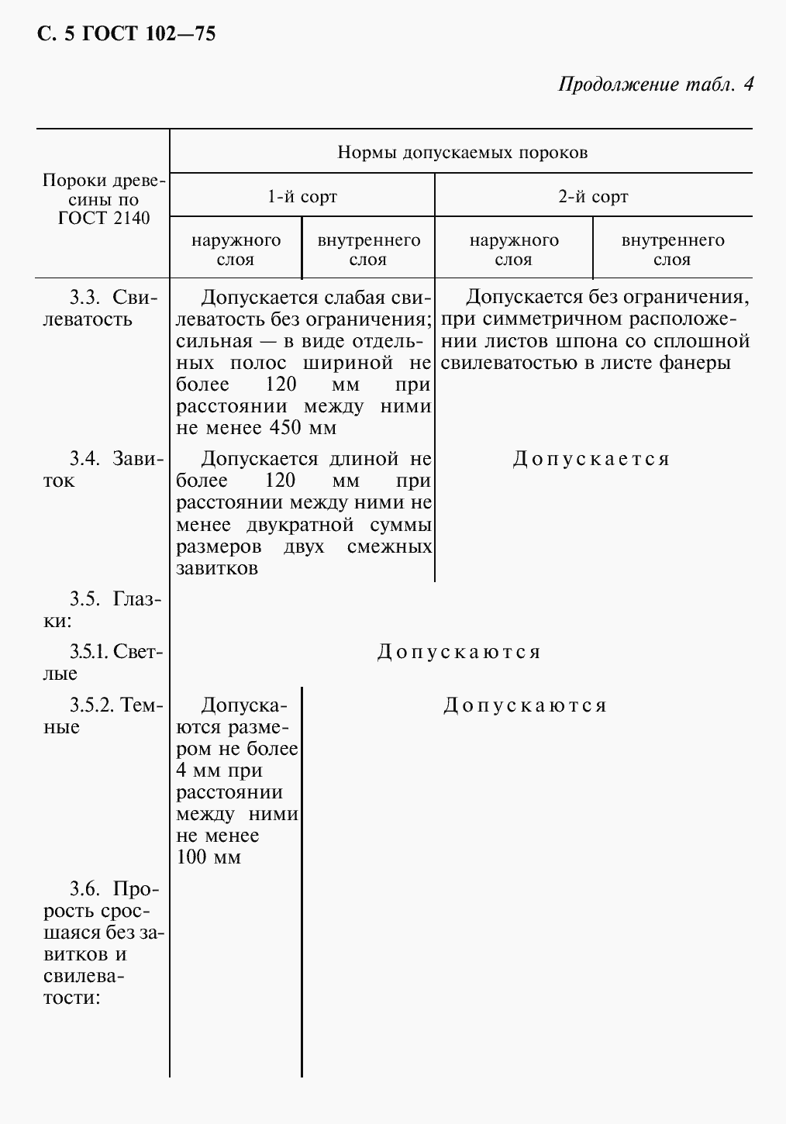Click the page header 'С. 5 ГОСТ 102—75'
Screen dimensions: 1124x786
coord(126,34)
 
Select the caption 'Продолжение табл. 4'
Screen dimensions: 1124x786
coord(656,84)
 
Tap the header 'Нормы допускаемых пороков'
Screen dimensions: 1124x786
coord(462,152)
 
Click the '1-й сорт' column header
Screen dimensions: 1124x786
coord(302,196)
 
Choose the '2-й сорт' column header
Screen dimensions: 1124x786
coord(594,196)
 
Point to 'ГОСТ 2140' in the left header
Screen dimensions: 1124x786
coord(104,218)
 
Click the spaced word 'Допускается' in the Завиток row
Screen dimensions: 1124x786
coord(591,459)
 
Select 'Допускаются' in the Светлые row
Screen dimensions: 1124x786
coord(459,652)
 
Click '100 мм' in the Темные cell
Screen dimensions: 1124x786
coord(209,857)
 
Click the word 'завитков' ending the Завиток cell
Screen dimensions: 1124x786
coord(217,568)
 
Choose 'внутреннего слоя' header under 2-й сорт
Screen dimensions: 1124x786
coord(672,250)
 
